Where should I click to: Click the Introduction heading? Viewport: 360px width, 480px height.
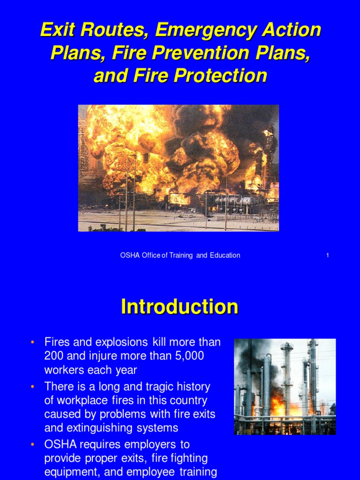tap(180, 307)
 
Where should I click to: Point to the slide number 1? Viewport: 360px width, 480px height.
tap(327, 255)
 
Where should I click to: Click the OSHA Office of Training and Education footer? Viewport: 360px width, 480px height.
tap(180, 255)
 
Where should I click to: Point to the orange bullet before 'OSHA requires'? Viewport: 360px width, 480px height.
tap(32, 444)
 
